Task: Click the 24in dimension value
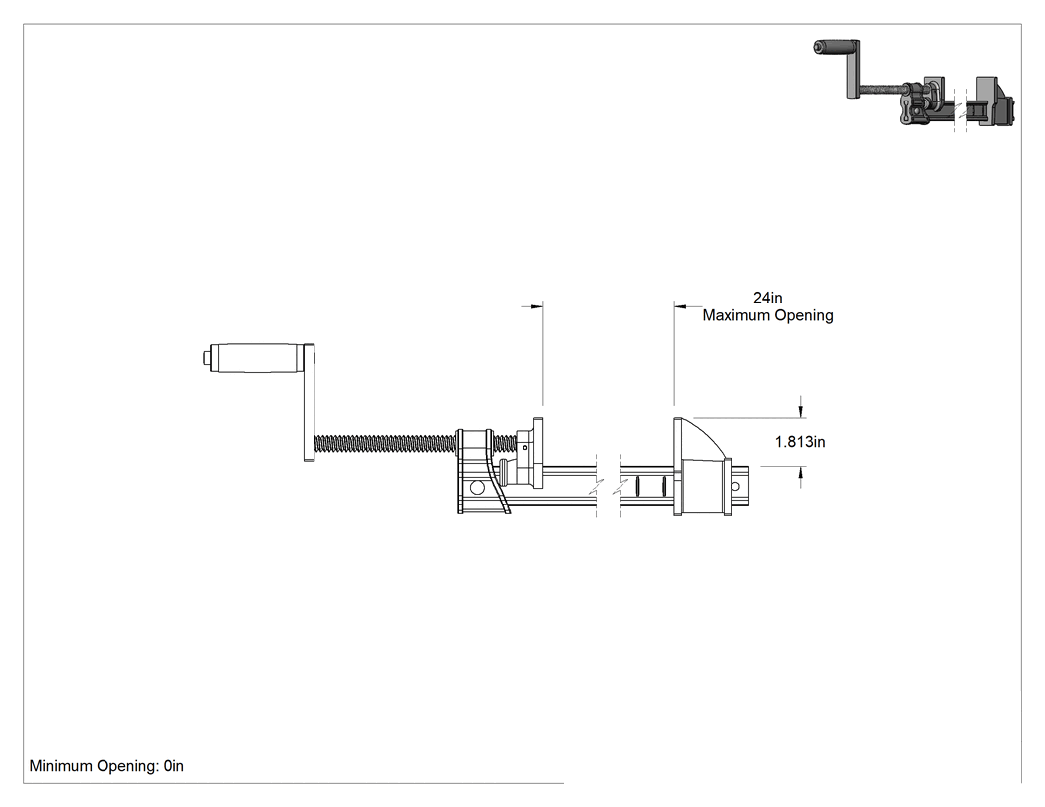767,298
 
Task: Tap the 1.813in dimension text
800,441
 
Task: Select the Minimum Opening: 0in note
106,766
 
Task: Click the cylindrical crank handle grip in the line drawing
257,358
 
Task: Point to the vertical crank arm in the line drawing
309,402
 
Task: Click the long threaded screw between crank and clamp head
385,441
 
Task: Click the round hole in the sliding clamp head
477,488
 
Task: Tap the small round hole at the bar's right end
735,486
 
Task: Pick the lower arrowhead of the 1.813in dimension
801,473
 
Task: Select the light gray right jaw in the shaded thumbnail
986,99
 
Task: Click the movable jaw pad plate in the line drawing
537,452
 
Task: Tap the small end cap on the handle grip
206,358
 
